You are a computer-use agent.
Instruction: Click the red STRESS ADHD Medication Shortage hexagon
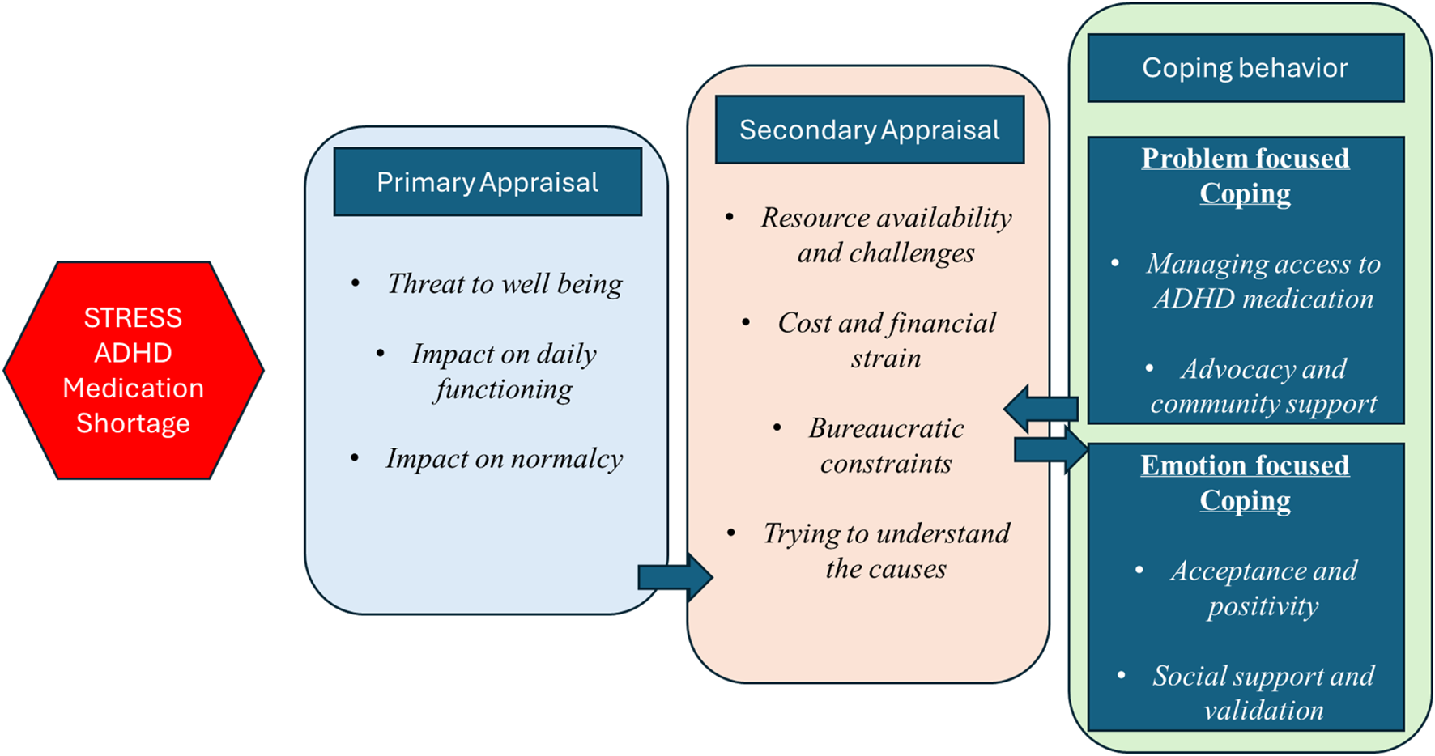[134, 370]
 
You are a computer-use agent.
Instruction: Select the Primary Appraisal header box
[488, 182]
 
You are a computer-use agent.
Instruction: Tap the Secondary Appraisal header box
[869, 130]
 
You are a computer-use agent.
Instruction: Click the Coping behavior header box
[1245, 68]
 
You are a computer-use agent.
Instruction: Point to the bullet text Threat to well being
[504, 284]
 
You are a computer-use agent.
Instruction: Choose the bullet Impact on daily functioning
[503, 372]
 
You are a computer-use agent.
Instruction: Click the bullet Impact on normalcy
[504, 459]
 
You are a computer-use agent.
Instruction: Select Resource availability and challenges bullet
[886, 236]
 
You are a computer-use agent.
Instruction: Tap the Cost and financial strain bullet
[886, 341]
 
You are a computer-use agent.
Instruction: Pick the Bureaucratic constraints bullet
[886, 446]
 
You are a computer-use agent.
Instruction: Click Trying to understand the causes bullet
[886, 551]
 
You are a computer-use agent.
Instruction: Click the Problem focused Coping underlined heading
[1245, 176]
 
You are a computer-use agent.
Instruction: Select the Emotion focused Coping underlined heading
[1245, 482]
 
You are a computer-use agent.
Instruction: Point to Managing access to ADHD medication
[1263, 282]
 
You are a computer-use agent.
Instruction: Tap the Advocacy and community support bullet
[1263, 386]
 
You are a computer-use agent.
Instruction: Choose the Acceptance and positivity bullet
[1263, 588]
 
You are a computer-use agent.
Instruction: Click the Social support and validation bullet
[1263, 693]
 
